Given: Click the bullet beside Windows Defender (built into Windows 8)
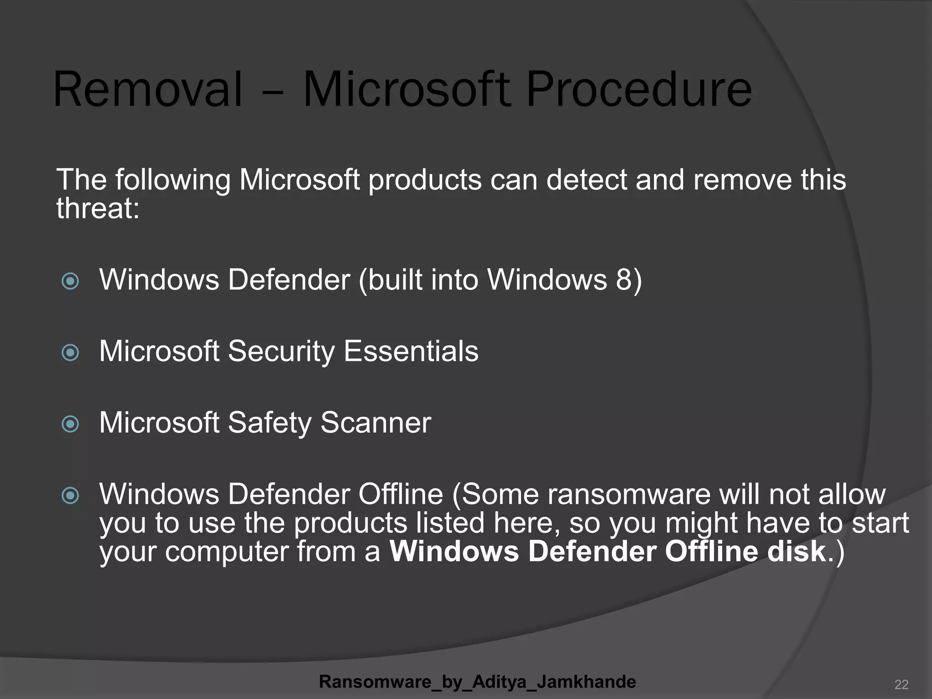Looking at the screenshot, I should (70, 281).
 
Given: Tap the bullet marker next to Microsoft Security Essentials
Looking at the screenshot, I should (70, 352).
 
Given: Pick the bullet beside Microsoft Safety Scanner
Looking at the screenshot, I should (70, 424).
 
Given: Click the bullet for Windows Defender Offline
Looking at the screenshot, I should (70, 496).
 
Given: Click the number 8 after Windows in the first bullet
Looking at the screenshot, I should (623, 279).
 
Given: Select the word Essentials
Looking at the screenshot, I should (411, 351).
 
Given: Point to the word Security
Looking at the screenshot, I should (281, 352).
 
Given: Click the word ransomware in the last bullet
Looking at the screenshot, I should (628, 494).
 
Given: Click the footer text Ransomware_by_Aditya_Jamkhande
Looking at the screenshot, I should (477, 682).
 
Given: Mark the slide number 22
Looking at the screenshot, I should (901, 684).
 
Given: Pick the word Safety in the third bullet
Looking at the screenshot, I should (269, 423).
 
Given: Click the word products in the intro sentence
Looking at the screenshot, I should (425, 180).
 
